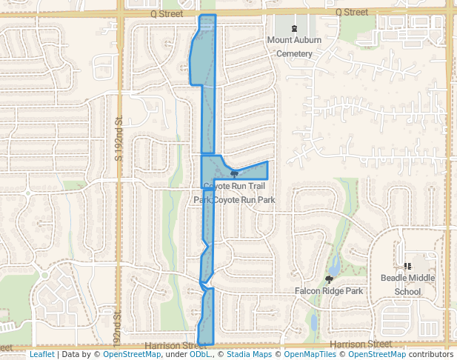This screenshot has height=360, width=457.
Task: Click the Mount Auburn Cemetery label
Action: [x=295, y=47]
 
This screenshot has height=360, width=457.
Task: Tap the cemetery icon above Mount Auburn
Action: [x=295, y=28]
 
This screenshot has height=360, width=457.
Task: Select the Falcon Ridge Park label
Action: [x=329, y=291]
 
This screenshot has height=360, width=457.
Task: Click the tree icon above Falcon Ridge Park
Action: [x=329, y=279]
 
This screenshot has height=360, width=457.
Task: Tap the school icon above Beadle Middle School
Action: [x=407, y=265]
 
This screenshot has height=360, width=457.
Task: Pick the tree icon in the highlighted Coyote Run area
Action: [x=234, y=174]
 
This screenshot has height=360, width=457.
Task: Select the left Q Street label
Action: [x=164, y=13]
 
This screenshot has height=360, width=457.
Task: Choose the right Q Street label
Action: [x=351, y=13]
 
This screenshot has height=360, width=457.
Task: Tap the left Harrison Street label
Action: [x=176, y=345]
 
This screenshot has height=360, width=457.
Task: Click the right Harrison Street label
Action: [x=360, y=344]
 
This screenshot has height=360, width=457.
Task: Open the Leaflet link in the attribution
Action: [x=42, y=355]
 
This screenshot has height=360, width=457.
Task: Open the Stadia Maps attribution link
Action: [x=247, y=355]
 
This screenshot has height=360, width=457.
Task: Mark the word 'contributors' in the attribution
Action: [x=431, y=355]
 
